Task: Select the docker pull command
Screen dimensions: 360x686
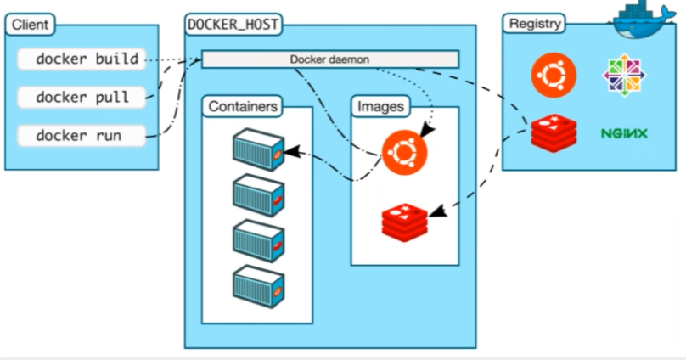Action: tap(82, 98)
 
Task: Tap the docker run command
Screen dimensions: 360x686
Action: tap(78, 135)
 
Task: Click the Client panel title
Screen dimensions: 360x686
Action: tap(30, 25)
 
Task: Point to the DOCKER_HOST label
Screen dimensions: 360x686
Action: tap(233, 24)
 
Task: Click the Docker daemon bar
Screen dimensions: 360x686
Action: tap(329, 59)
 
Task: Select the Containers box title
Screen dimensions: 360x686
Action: tap(242, 107)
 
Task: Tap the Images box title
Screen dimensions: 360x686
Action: tap(380, 107)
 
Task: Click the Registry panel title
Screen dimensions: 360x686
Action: tap(535, 24)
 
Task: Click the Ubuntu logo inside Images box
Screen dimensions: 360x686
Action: tap(404, 153)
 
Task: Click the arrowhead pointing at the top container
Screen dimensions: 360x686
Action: tap(291, 153)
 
